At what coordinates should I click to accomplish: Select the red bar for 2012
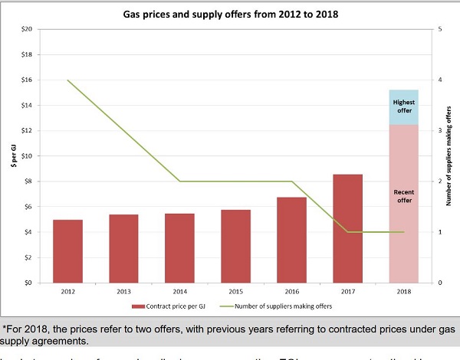click(x=68, y=250)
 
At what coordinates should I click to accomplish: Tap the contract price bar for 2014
click(x=180, y=247)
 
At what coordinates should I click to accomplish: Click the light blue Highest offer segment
click(x=403, y=107)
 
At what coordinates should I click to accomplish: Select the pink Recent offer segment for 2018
click(x=403, y=203)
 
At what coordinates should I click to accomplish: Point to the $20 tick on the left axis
click(x=26, y=29)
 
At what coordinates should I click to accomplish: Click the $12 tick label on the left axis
click(x=26, y=131)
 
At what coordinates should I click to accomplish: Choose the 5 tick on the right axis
click(x=440, y=29)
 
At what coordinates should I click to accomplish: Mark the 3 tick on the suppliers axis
click(x=440, y=131)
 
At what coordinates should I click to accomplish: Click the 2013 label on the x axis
click(x=124, y=292)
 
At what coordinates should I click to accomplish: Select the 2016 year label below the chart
click(x=292, y=292)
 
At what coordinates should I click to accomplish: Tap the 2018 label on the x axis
click(x=403, y=292)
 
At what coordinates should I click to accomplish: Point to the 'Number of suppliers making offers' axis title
click(x=449, y=155)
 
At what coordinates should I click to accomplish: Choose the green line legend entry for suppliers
click(x=291, y=306)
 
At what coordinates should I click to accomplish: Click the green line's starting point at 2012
click(x=68, y=80)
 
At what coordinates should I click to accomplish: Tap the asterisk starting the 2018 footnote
click(x=5, y=330)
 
